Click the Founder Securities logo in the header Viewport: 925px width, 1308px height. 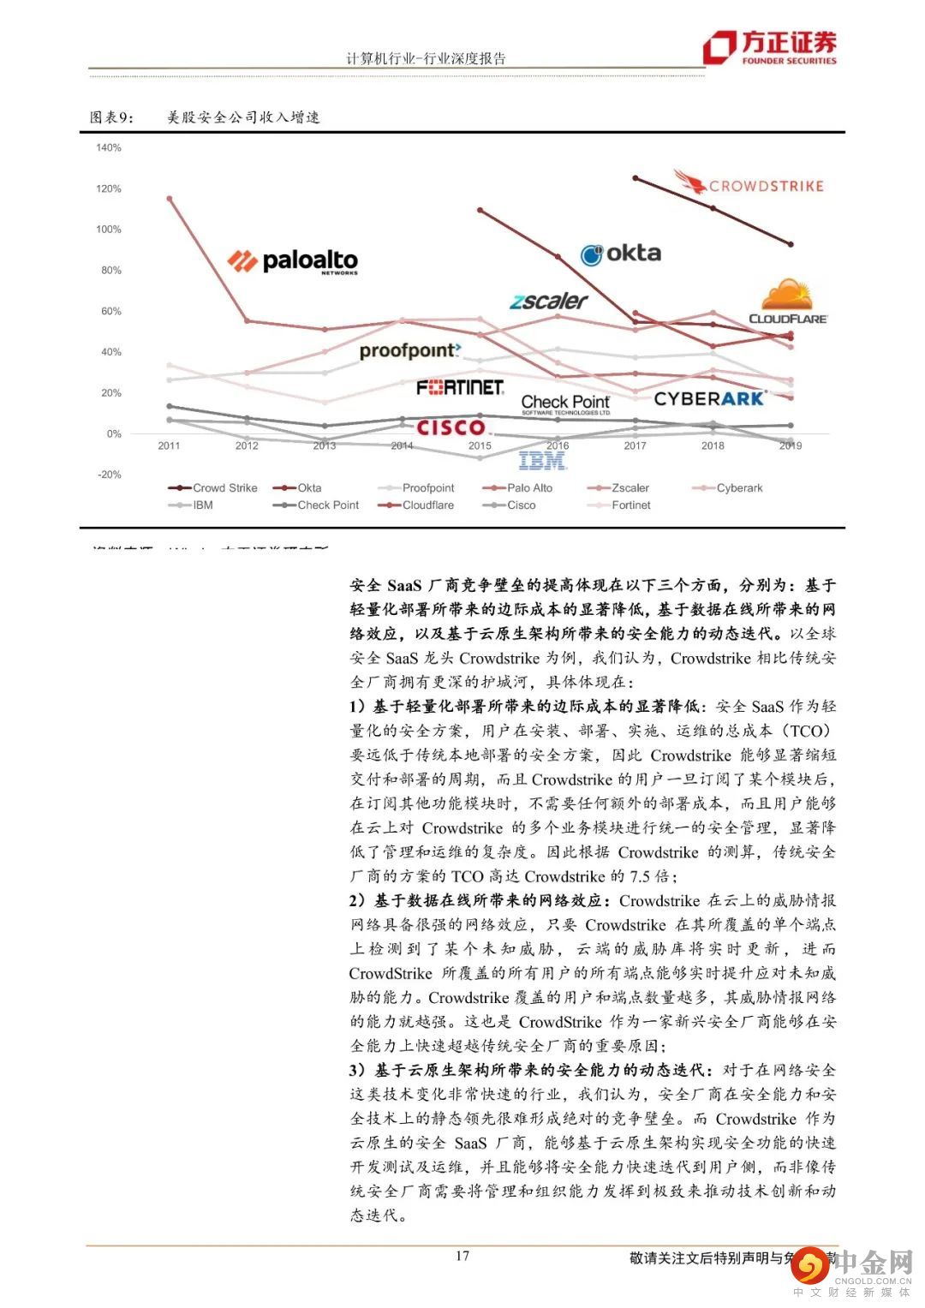(769, 48)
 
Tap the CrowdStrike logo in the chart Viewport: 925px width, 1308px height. (749, 183)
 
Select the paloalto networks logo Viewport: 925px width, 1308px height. (293, 260)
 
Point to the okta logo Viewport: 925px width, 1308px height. (621, 254)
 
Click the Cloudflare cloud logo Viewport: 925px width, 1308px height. (788, 302)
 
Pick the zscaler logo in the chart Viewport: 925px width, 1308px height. (548, 301)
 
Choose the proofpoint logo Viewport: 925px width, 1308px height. (409, 350)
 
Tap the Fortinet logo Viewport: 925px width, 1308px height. (460, 388)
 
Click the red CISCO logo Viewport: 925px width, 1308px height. (451, 427)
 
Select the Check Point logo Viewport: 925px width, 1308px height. (565, 403)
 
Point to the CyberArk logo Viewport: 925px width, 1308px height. (708, 398)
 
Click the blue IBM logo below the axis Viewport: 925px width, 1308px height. (542, 462)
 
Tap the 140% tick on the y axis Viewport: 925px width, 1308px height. (109, 147)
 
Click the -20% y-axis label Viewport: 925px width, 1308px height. (109, 475)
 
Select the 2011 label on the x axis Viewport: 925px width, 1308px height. (169, 445)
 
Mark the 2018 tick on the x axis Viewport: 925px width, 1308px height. (713, 445)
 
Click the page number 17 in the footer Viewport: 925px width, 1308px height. (462, 1256)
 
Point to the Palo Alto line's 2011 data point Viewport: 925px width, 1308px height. (169, 199)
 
